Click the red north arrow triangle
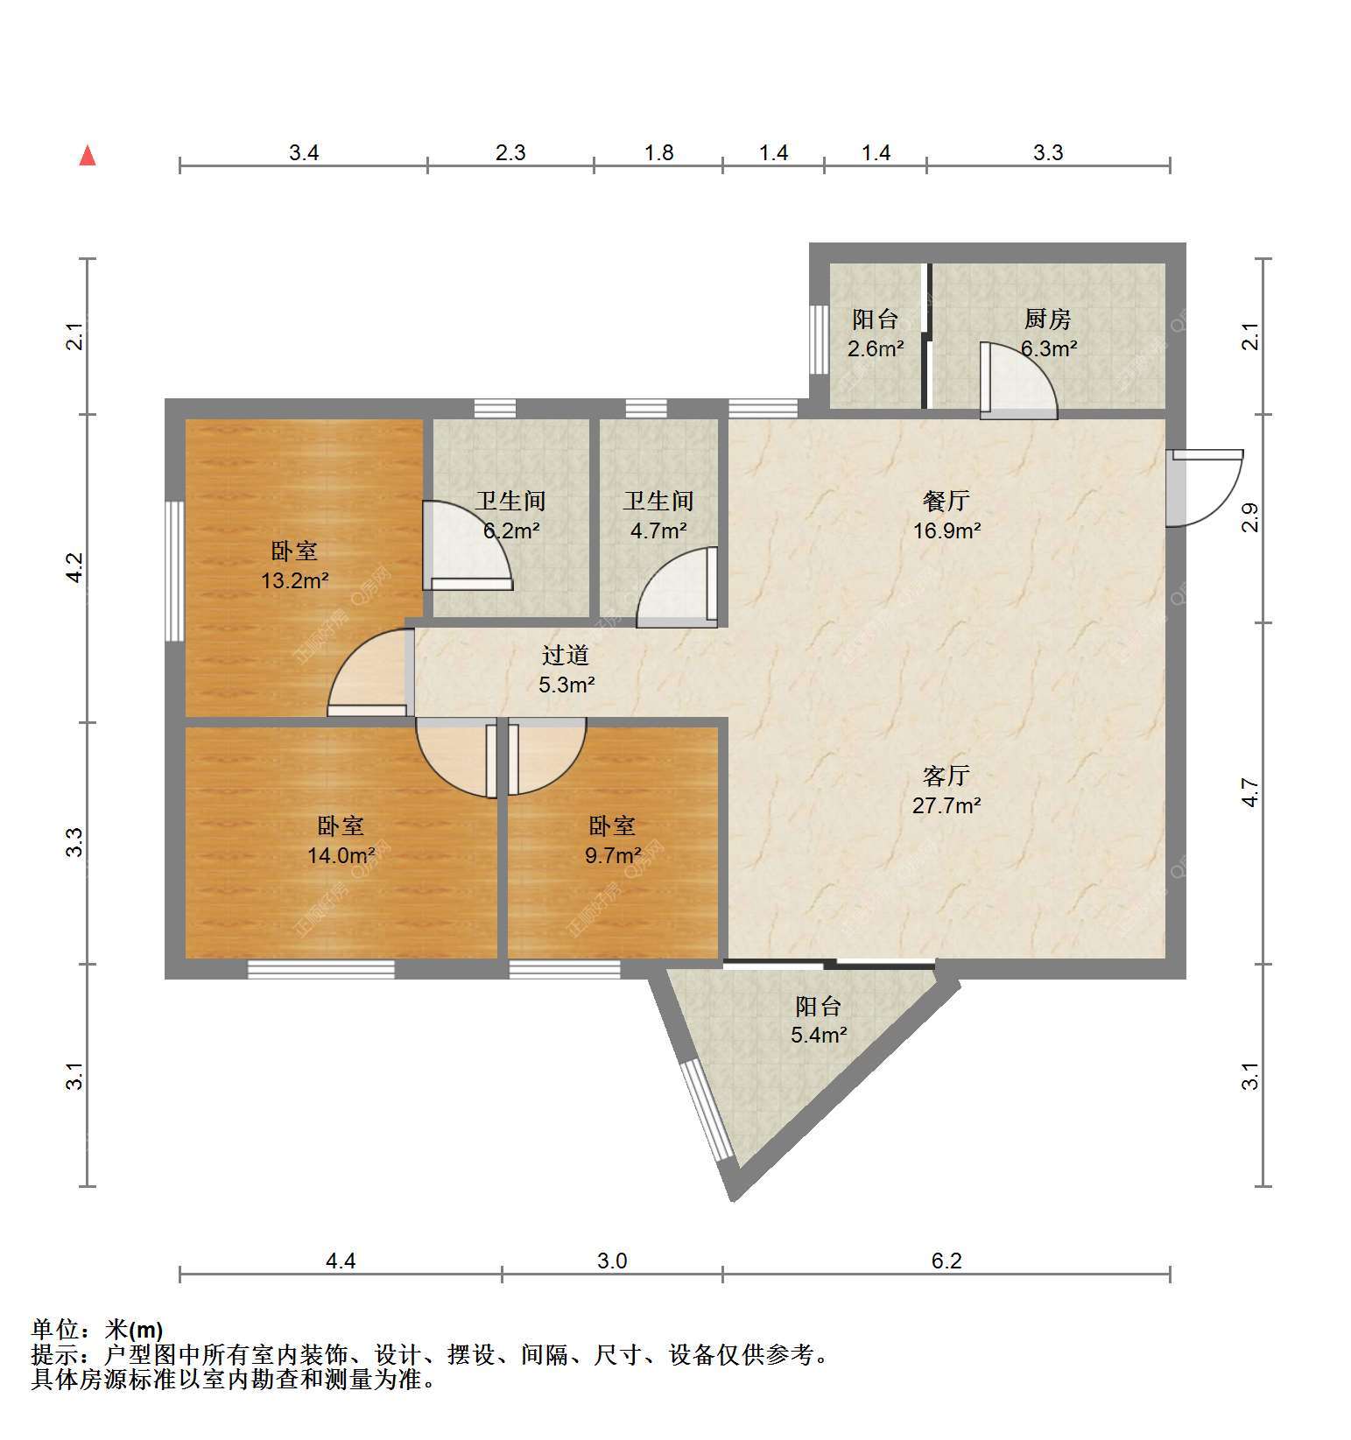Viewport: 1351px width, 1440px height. (88, 156)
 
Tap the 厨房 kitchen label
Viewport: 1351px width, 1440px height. (1048, 320)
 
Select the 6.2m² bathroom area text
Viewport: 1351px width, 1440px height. (511, 530)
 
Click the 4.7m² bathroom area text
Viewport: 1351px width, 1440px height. (658, 530)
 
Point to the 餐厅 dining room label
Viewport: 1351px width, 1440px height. (946, 502)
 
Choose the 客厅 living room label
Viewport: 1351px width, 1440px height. (946, 776)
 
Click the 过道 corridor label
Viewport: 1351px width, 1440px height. (566, 656)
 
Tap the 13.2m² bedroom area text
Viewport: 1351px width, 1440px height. (295, 580)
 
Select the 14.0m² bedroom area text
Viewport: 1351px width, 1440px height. (341, 855)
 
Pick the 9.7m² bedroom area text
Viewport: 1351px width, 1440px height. (613, 855)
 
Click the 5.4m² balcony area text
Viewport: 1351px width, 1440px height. (819, 1036)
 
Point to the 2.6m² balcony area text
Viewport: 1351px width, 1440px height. (876, 348)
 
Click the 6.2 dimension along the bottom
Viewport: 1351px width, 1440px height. (946, 1261)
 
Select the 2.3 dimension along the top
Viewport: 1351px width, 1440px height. (510, 153)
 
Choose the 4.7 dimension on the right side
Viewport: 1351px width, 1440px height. (1251, 793)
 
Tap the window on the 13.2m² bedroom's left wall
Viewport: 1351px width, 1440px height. (175, 571)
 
